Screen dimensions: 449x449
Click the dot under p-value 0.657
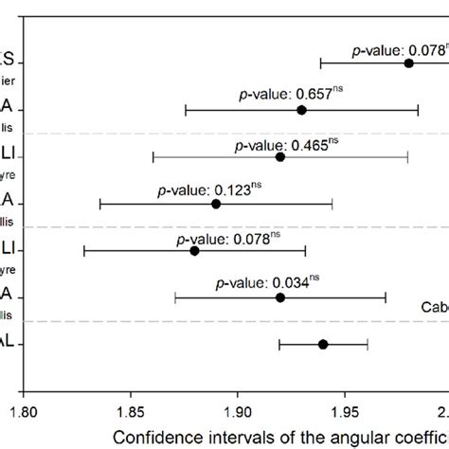coord(301,110)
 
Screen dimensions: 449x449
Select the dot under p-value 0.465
coord(279,156)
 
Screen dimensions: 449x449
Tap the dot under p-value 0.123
coord(216,204)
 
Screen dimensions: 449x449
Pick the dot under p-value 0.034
coord(279,297)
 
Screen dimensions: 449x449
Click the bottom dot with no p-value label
coord(323,344)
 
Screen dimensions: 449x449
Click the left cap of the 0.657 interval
coord(186,110)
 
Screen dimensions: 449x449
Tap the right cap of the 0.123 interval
coord(332,204)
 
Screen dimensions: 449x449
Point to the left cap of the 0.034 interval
coord(175,297)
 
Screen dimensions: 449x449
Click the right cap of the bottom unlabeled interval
coord(368,344)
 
